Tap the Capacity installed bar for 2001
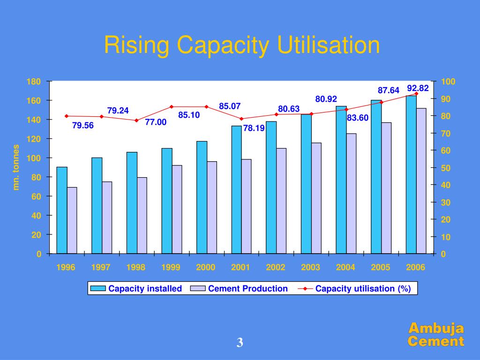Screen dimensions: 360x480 pyautogui.click(x=236, y=189)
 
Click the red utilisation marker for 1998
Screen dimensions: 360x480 pyautogui.click(x=136, y=120)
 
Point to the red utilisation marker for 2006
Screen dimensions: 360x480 pyautogui.click(x=416, y=94)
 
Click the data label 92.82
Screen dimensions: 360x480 pyautogui.click(x=418, y=88)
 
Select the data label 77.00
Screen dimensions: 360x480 pyautogui.click(x=156, y=122)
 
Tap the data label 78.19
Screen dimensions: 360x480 pyautogui.click(x=254, y=127)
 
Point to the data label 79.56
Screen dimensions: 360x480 pyautogui.click(x=83, y=126)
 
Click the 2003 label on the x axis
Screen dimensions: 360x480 pyautogui.click(x=310, y=268)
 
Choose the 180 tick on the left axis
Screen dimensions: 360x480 pyautogui.click(x=34, y=82)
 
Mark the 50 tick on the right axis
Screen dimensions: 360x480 pyautogui.click(x=446, y=168)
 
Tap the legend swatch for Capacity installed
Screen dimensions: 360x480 pyautogui.click(x=98, y=289)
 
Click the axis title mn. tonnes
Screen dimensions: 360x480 pyautogui.click(x=16, y=167)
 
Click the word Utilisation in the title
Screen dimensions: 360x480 pyautogui.click(x=328, y=45)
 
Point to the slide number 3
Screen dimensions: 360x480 pyautogui.click(x=240, y=343)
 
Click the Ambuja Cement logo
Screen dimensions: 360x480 pyautogui.click(x=435, y=335)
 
